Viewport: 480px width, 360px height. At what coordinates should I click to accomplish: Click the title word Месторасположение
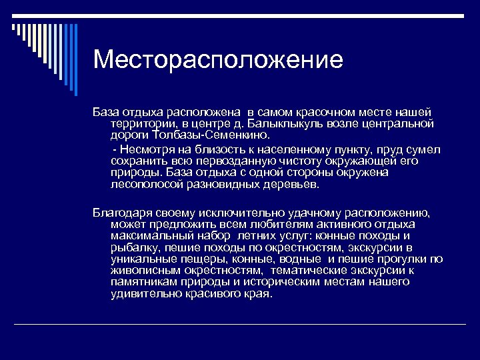218,60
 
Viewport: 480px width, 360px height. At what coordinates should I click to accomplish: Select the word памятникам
143,282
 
